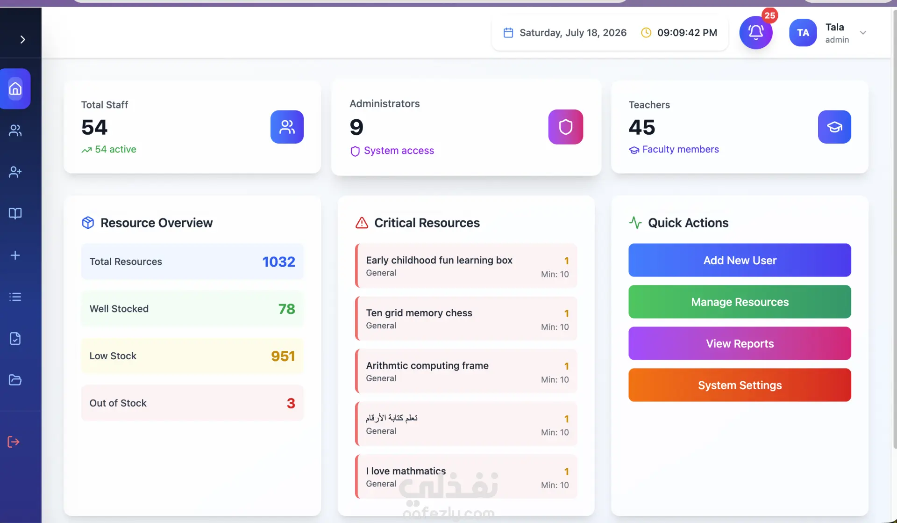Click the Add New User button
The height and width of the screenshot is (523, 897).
tap(740, 260)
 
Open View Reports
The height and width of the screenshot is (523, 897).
tap(740, 343)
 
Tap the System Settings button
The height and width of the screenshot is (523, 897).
tap(740, 385)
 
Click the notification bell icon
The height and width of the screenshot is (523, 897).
tap(755, 32)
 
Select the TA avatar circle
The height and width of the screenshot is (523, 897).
tap(803, 32)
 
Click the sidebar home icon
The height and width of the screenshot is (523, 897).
tap(15, 88)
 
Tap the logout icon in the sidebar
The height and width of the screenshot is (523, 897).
tap(14, 442)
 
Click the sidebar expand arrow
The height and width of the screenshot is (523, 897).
tap(22, 39)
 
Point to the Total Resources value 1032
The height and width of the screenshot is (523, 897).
tap(278, 261)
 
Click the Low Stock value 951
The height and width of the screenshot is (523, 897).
tap(283, 356)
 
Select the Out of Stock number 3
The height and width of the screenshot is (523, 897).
tap(291, 403)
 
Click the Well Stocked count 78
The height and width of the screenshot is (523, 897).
tap(286, 309)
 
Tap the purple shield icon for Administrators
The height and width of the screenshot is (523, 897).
tap(565, 127)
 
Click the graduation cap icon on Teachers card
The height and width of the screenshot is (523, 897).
tap(834, 127)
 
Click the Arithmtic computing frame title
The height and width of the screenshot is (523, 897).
tap(427, 365)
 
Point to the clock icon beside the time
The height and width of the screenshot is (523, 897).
tap(646, 32)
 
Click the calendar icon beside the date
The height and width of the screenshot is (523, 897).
tap(508, 32)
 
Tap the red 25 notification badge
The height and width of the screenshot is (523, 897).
tap(769, 15)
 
